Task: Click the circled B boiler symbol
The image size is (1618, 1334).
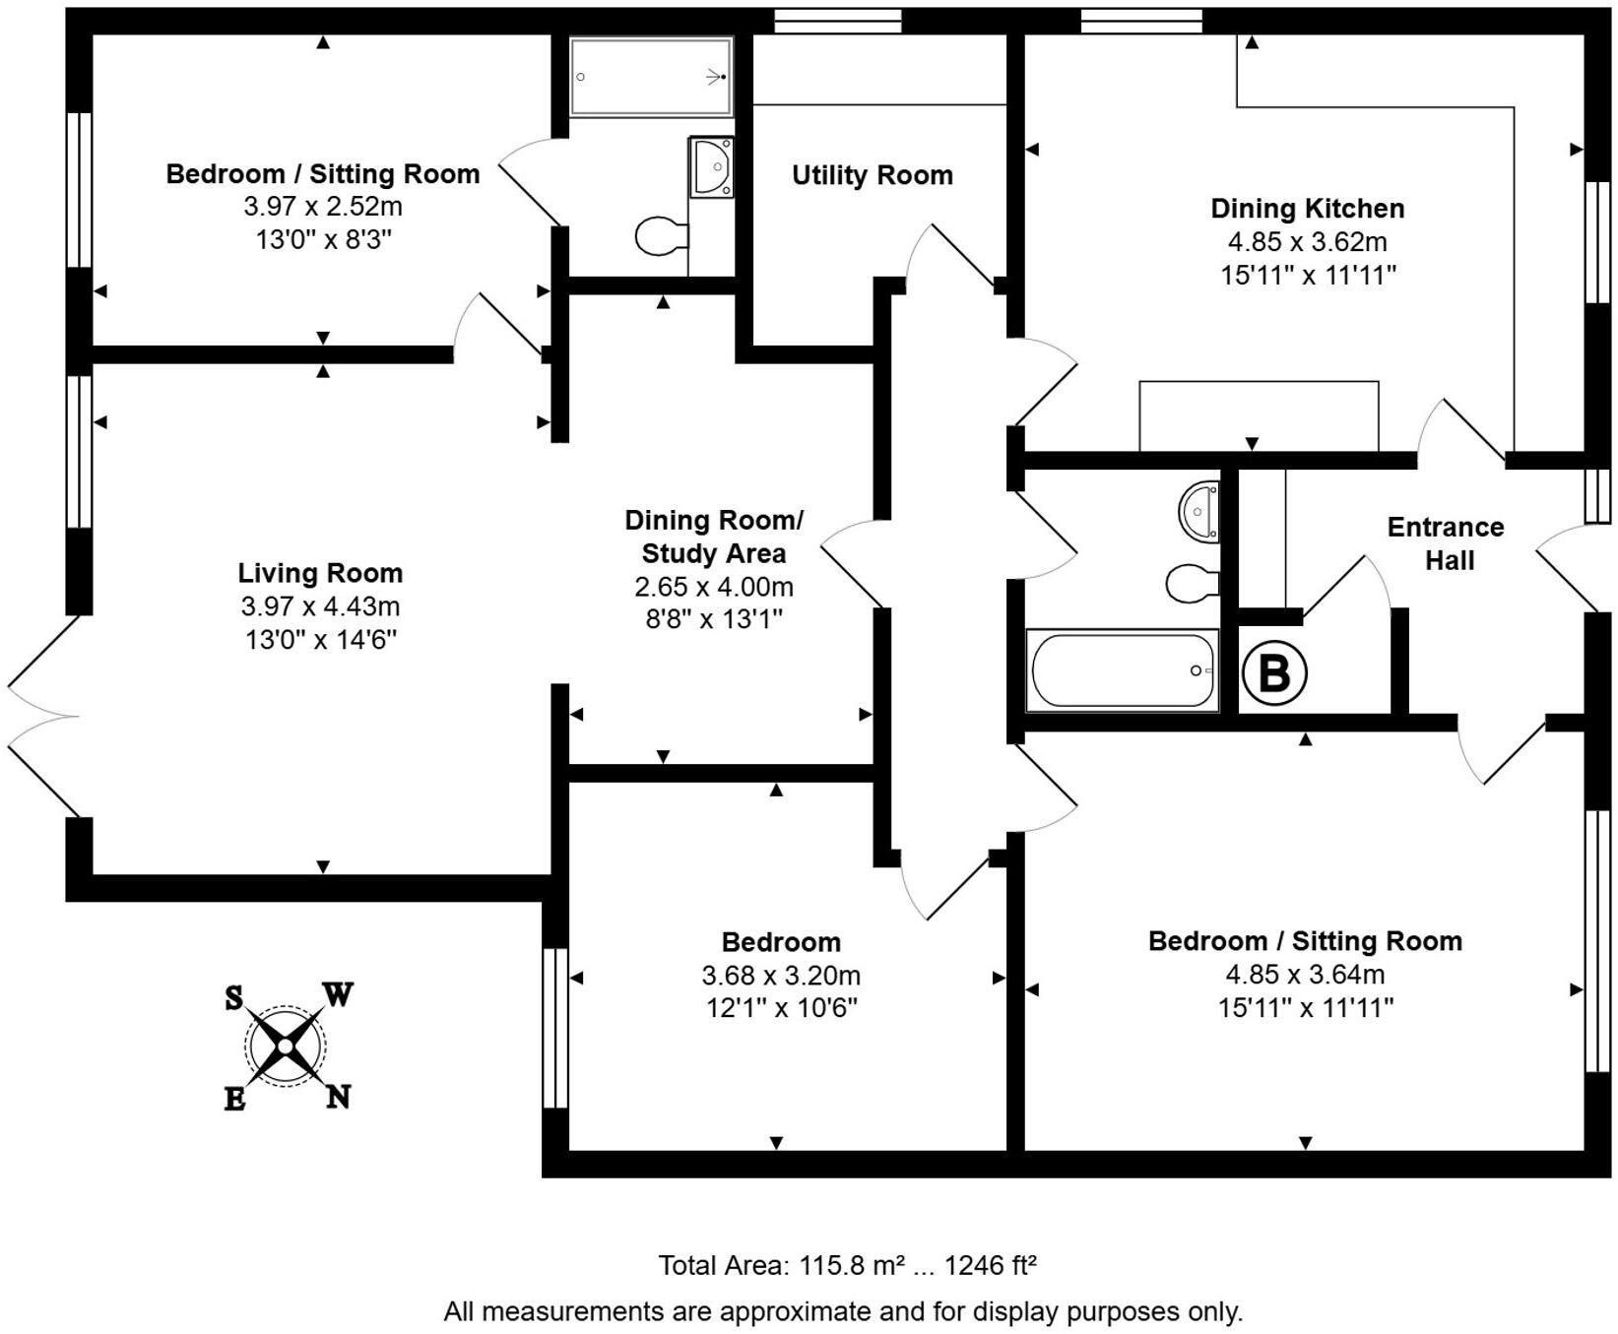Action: click(x=1273, y=674)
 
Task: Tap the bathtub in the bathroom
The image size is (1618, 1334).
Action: click(x=1122, y=670)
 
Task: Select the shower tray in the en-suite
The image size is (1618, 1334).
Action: click(x=651, y=77)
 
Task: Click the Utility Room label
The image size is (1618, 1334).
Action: click(x=872, y=175)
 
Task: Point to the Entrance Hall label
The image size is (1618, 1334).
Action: click(x=1446, y=543)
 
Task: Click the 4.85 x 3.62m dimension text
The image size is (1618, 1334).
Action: click(x=1307, y=242)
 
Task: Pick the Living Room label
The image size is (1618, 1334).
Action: click(x=320, y=573)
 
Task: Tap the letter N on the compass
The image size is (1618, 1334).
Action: click(x=338, y=1097)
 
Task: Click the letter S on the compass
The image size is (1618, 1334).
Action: click(x=233, y=998)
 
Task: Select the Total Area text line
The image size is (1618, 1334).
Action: click(x=847, y=1265)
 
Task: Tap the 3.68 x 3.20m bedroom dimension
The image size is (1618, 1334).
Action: click(x=780, y=976)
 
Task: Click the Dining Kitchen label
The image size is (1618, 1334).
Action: click(x=1307, y=209)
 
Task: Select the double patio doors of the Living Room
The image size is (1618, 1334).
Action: click(x=41, y=717)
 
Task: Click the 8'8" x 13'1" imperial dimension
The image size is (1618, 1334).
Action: click(x=713, y=619)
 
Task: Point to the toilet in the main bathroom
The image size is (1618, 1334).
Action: click(x=1192, y=584)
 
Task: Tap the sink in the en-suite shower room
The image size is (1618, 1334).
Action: click(x=711, y=166)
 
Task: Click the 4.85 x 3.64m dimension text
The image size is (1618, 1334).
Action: click(x=1304, y=975)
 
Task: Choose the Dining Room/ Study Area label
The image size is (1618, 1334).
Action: click(x=713, y=537)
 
